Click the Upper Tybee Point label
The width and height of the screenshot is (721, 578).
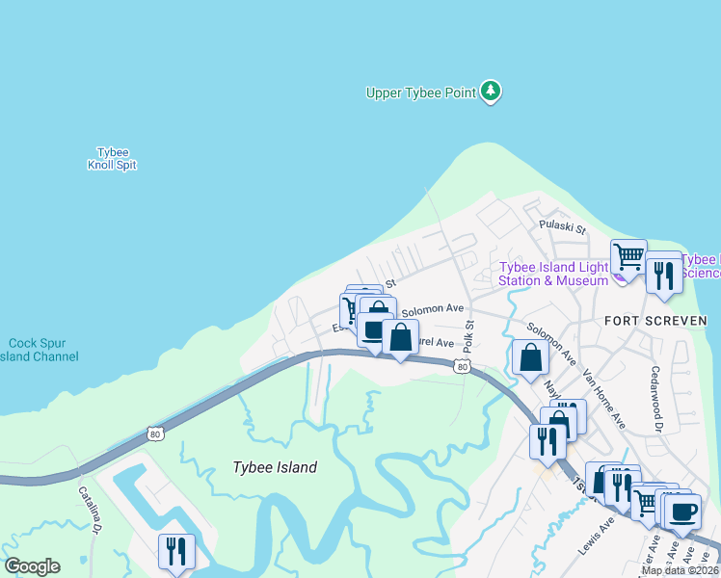tap(421, 93)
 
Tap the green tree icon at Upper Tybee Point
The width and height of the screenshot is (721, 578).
tap(493, 92)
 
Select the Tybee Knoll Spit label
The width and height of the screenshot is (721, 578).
tap(112, 159)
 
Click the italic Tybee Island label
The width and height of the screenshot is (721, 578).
tap(275, 467)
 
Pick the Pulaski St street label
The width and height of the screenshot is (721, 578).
tap(563, 228)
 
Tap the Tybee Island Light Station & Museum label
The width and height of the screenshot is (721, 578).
tap(553, 274)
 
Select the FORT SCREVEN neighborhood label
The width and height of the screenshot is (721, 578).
tap(655, 320)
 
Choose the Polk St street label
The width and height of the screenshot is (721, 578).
tap(468, 335)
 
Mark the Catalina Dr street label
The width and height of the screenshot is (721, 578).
tap(89, 510)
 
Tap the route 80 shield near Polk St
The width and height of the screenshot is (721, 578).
tap(463, 366)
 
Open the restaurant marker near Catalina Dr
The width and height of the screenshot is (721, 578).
tap(176, 551)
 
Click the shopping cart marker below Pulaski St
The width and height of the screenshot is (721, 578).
tap(628, 257)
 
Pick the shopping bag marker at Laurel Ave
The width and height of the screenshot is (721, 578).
tap(400, 338)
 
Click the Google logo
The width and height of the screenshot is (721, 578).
tap(33, 566)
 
